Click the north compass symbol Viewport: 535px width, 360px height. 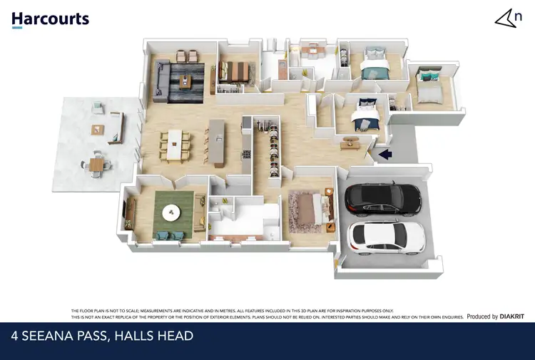[506, 19]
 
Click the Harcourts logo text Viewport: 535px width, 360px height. [50, 19]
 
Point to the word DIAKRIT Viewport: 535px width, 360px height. [511, 316]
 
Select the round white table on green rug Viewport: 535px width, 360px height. [170, 212]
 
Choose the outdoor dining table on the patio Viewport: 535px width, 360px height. [96, 165]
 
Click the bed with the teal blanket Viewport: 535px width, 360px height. [374, 68]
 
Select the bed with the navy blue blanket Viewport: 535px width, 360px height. [365, 116]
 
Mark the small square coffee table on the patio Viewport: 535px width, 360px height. [97, 129]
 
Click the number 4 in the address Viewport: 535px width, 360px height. [16, 336]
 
